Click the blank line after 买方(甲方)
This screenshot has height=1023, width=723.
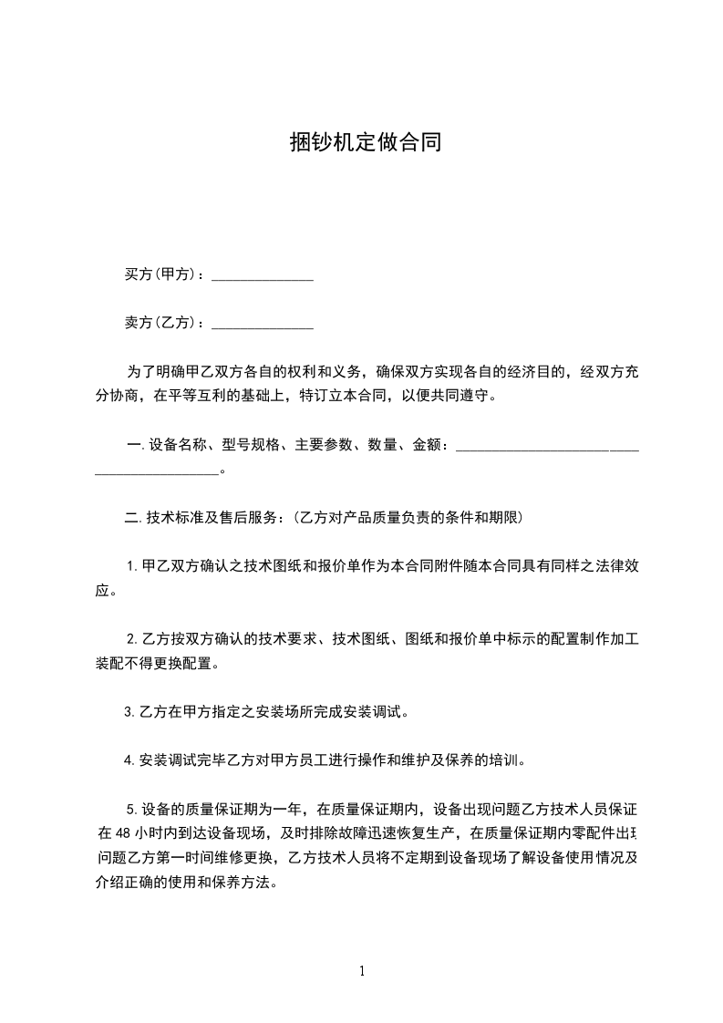pos(263,277)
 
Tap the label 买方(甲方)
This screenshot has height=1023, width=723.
pos(163,274)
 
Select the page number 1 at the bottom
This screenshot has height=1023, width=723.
pos(362,970)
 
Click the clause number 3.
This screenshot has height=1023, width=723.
pos(129,712)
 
